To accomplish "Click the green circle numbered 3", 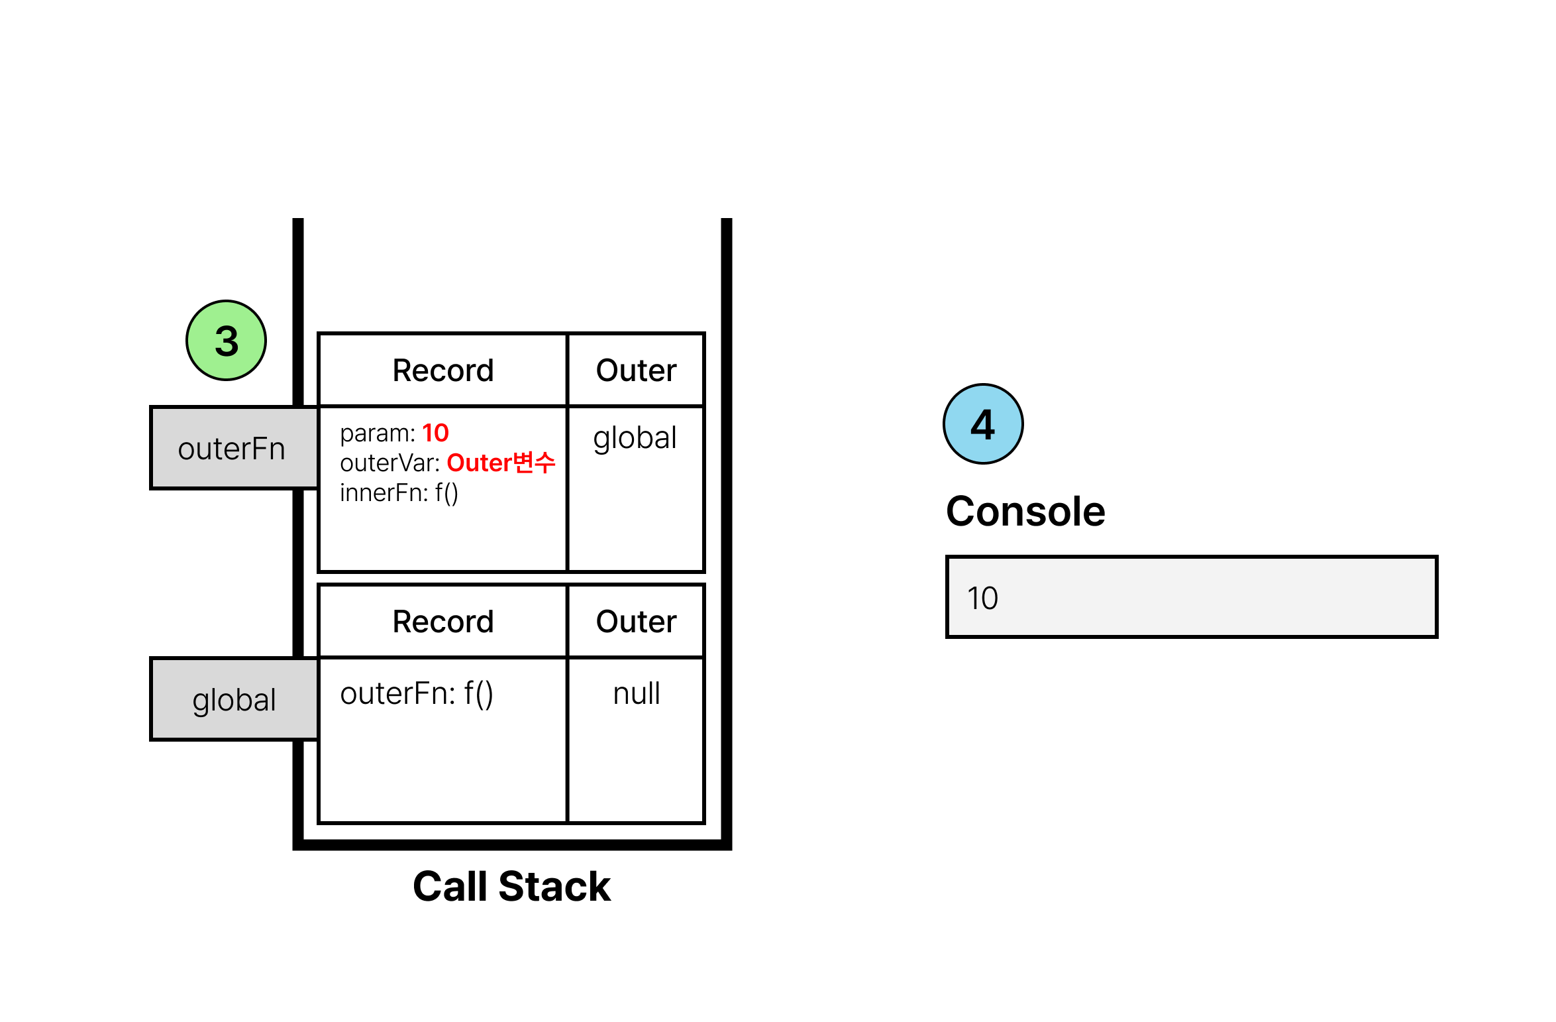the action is click(226, 340).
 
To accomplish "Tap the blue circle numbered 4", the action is click(983, 424).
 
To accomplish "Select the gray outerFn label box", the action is click(233, 448).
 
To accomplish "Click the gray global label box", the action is click(233, 699).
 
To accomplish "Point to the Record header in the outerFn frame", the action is click(443, 370).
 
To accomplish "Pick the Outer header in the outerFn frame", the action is click(636, 370).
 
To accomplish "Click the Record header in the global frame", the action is click(443, 622).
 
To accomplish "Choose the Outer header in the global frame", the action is click(636, 622).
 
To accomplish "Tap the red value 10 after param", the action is click(435, 433).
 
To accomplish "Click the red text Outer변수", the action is click(501, 463).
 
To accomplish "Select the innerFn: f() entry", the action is click(399, 493).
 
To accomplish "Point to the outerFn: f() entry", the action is click(416, 694).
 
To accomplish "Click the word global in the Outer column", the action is click(635, 439).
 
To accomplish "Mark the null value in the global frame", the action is click(636, 694).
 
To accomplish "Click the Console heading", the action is click(1025, 511).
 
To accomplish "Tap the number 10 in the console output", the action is click(982, 598).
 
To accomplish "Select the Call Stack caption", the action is click(511, 886).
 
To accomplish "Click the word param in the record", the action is click(374, 434).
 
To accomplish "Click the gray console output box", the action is click(1191, 596).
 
